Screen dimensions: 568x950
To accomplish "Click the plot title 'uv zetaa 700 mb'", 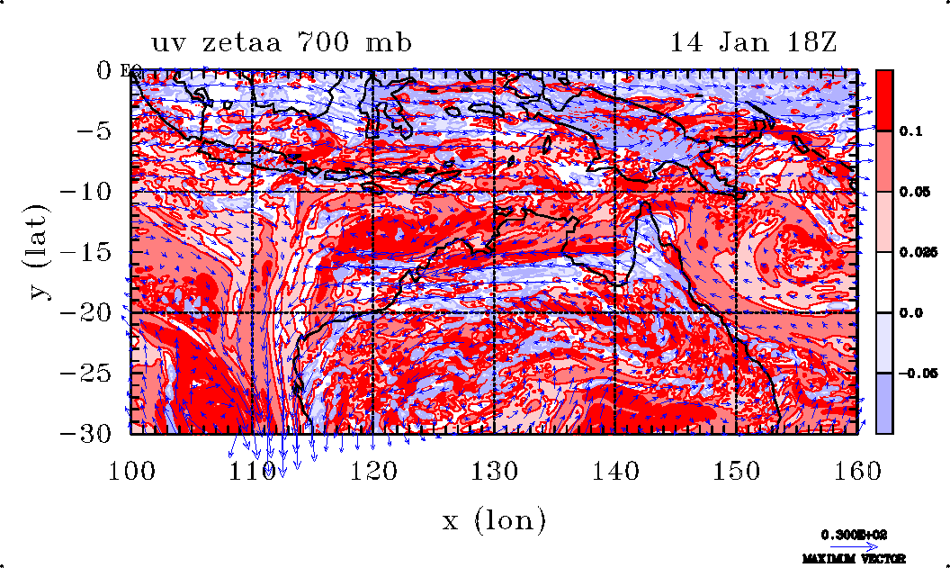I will coord(282,42).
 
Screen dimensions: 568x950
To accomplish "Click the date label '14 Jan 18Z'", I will coord(754,42).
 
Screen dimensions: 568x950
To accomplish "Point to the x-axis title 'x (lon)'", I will coord(494,520).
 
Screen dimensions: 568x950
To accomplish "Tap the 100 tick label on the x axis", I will coord(131,469).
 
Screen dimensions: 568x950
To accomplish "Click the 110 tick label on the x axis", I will coord(252,469).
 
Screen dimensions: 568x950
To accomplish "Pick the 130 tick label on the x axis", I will coord(494,469).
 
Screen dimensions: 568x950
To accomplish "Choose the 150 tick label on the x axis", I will coord(736,469).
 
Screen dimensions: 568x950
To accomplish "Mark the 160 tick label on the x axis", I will coord(856,469).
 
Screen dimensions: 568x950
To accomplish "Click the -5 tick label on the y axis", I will coord(94,131).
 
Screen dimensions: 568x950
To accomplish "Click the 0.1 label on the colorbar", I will coord(911,131).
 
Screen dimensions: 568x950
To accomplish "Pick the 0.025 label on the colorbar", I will coord(916,253).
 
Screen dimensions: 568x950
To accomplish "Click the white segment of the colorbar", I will coord(884,282).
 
